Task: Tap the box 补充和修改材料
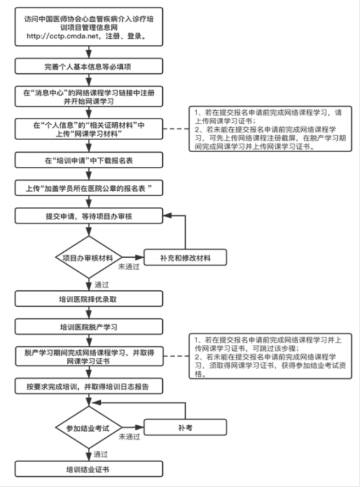pyautogui.click(x=186, y=258)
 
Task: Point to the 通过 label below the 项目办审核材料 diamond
pyautogui.click(x=101, y=284)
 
